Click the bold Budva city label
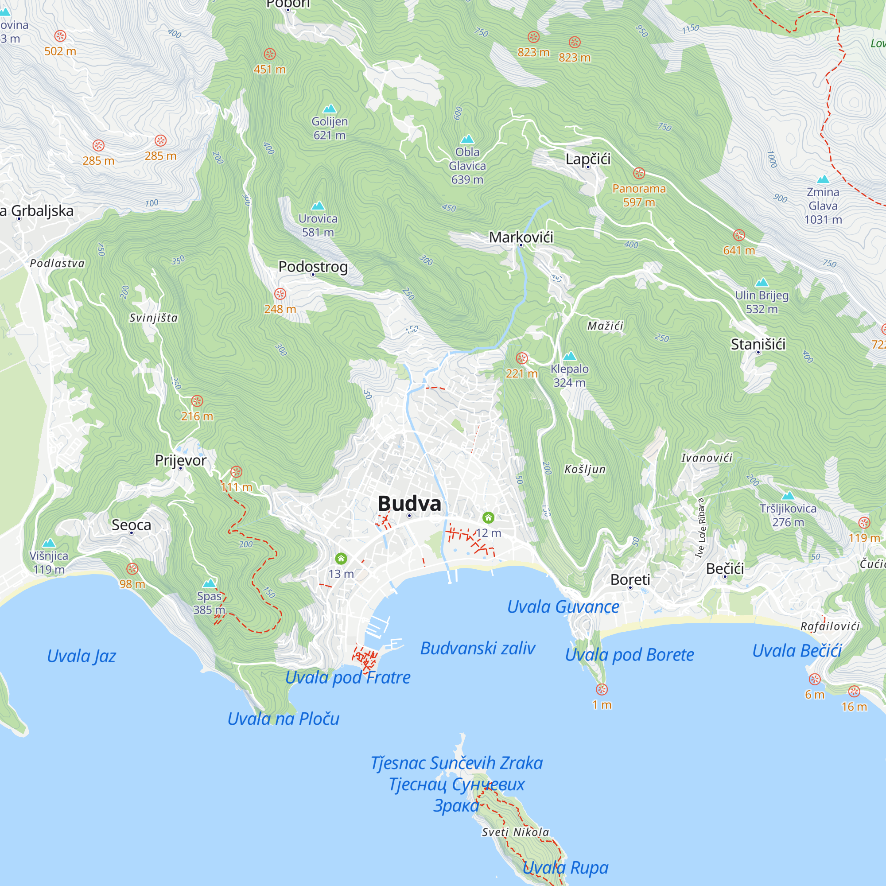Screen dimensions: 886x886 (x=409, y=504)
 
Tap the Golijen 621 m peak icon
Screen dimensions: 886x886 (x=329, y=109)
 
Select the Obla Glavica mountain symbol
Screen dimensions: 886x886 (x=467, y=139)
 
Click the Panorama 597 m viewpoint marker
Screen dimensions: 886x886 (x=639, y=173)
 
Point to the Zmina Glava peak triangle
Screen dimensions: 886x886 (x=823, y=179)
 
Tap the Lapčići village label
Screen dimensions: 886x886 (x=588, y=159)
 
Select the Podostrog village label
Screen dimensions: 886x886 (x=313, y=266)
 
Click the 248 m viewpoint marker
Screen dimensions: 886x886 (x=280, y=294)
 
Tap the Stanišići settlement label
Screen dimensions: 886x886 (x=758, y=344)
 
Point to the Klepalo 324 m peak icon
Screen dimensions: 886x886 (x=569, y=356)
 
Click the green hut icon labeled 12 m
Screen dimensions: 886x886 (x=488, y=518)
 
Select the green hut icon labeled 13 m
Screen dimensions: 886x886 (x=341, y=559)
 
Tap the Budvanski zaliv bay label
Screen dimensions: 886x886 (x=478, y=649)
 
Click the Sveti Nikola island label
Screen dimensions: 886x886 (x=515, y=832)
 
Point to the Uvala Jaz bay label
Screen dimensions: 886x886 (x=81, y=656)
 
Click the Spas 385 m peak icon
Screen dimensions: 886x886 (x=209, y=583)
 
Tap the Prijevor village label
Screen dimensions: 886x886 (x=180, y=460)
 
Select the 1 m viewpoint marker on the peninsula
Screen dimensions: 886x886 (x=601, y=689)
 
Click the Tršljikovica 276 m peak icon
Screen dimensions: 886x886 (x=787, y=496)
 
